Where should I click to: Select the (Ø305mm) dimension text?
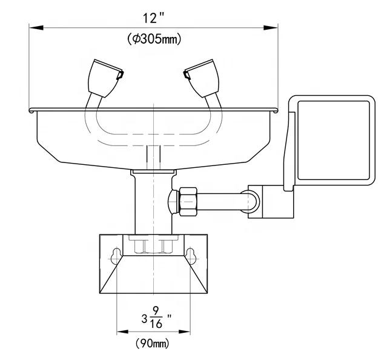click(154, 39)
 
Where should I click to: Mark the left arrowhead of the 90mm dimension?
click(121, 332)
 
